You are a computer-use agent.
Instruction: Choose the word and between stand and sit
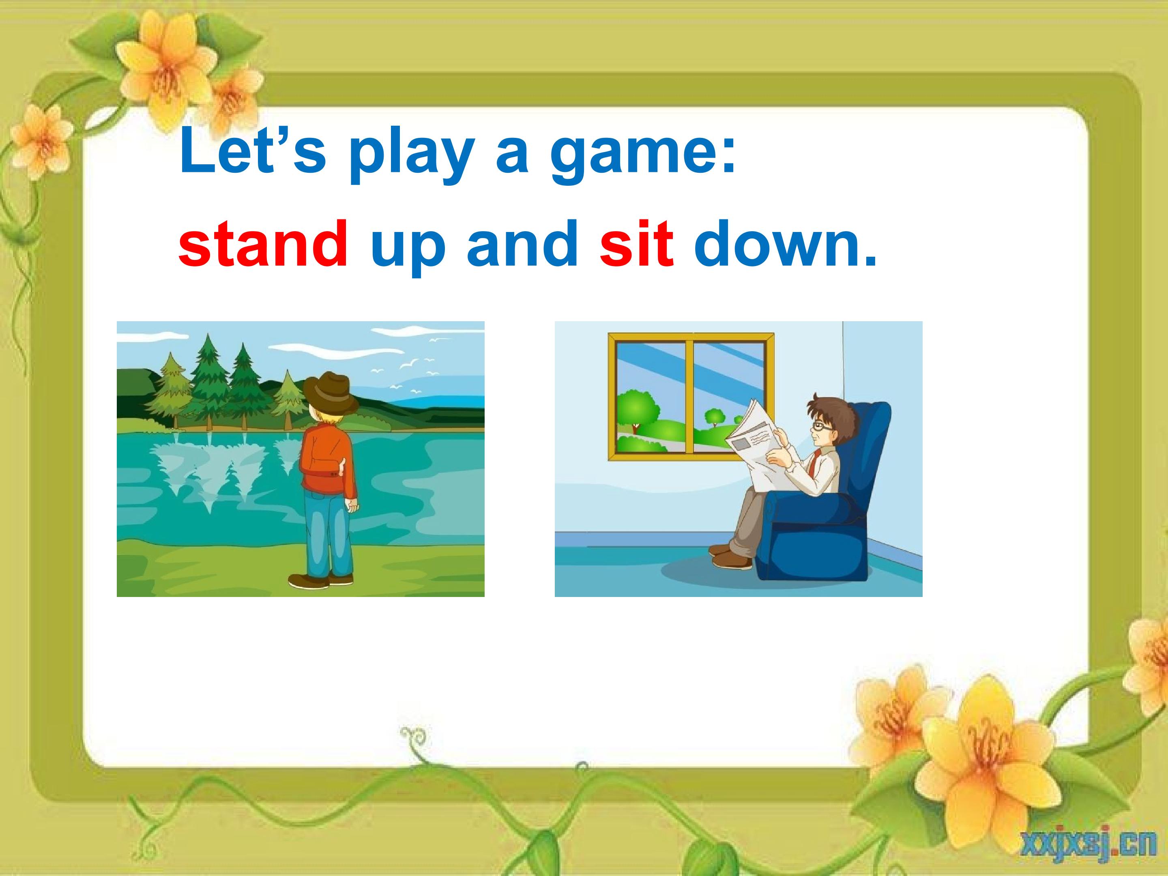click(522, 243)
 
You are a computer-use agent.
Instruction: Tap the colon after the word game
click(729, 159)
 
